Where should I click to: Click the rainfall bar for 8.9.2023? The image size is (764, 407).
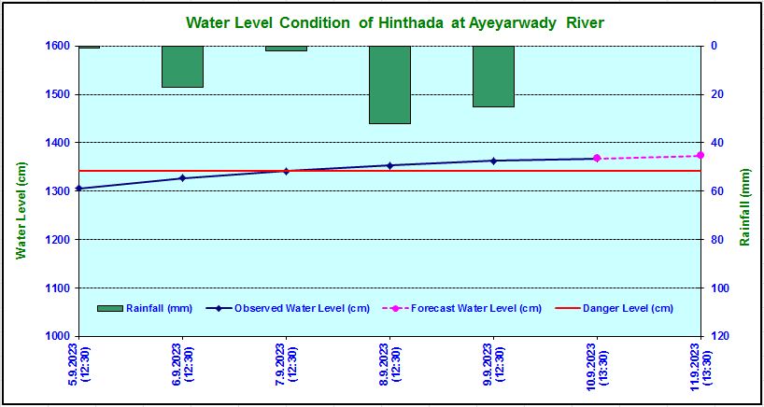[389, 84]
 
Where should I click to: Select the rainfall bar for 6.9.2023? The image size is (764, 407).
[182, 66]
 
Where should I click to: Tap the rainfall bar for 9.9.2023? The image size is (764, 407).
[493, 76]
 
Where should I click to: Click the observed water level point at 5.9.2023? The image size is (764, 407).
[78, 189]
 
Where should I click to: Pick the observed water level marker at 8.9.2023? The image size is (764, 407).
[389, 165]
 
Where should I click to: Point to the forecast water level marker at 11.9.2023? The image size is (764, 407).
[700, 155]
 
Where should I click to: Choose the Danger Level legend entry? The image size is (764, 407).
[617, 308]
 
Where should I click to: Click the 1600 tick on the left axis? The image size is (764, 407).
[57, 46]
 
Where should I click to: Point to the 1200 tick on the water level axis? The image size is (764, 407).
[57, 240]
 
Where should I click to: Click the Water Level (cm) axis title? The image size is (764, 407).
[20, 209]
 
